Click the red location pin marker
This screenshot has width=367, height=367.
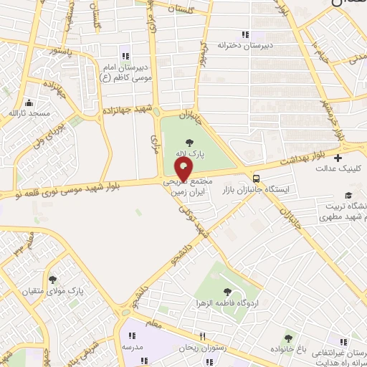pos(184,170)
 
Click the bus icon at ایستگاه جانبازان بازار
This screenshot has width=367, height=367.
pos(257,178)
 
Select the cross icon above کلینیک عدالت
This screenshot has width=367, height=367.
pos(338,158)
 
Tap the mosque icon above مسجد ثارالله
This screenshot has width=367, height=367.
pos(29,103)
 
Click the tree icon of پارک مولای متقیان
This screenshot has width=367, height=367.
pos(52,280)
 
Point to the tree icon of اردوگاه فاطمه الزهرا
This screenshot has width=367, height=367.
pos(227,292)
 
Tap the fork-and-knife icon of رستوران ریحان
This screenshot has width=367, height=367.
pos(203,335)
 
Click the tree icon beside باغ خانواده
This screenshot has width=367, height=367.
pos(288,338)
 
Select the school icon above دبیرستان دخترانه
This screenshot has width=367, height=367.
pos(245,34)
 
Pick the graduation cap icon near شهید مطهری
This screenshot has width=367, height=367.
pos(348,195)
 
